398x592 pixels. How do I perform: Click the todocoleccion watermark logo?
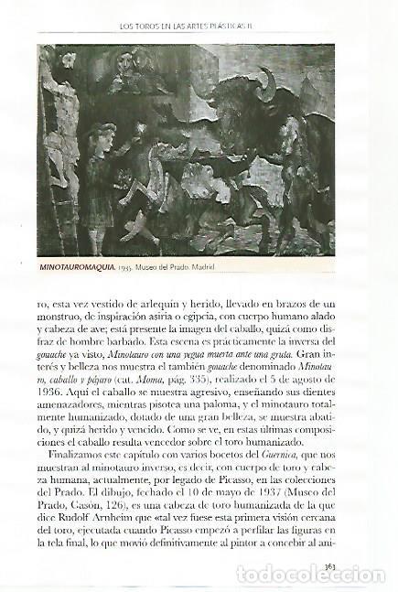[x=311, y=576]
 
